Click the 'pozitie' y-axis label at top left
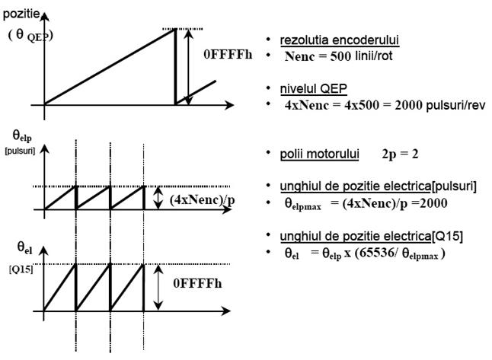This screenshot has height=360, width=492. pyautogui.click(x=21, y=14)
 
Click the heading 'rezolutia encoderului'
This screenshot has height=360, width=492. pyautogui.click(x=340, y=40)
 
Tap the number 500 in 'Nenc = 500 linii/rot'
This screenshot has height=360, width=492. pyautogui.click(x=340, y=56)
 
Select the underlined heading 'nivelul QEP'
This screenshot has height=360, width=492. pyautogui.click(x=314, y=89)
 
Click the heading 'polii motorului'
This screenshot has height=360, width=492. pyautogui.click(x=319, y=154)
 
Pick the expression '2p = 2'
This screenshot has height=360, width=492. pyautogui.click(x=400, y=155)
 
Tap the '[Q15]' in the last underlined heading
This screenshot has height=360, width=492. pyautogui.click(x=447, y=236)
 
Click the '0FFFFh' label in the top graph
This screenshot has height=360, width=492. pyautogui.click(x=228, y=55)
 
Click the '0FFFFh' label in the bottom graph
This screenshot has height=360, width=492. pyautogui.click(x=197, y=283)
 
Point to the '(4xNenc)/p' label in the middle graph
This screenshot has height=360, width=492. pyautogui.click(x=203, y=200)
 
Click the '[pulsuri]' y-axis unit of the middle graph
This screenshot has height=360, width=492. pyautogui.click(x=20, y=151)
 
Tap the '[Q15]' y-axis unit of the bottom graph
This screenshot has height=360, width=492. pyautogui.click(x=21, y=269)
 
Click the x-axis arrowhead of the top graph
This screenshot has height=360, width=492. pyautogui.click(x=230, y=105)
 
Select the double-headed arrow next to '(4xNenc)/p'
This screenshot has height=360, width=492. pyautogui.click(x=158, y=198)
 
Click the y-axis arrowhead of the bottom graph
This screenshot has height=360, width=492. pyautogui.click(x=43, y=250)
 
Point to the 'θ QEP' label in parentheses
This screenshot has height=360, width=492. pyautogui.click(x=30, y=36)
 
